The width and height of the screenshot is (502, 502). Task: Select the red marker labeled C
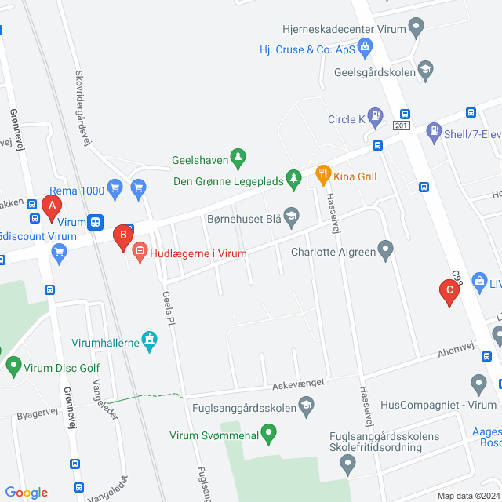(449, 292)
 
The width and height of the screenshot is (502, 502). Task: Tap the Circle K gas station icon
(377, 119)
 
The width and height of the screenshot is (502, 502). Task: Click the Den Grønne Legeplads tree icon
(293, 178)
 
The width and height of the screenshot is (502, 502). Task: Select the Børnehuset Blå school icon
(291, 215)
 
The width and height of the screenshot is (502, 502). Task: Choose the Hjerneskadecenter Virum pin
(417, 29)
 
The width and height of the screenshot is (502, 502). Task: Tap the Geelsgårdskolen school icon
(426, 69)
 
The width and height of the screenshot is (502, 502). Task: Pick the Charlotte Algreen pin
(385, 251)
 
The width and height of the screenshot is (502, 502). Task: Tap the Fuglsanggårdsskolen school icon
(307, 406)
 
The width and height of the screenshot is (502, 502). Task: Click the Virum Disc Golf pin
(13, 365)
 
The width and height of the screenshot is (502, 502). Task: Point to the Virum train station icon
(95, 222)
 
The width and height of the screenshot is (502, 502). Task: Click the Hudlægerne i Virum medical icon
(140, 252)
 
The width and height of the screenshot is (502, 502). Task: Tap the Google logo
(26, 493)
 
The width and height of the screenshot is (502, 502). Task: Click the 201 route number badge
(402, 125)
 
